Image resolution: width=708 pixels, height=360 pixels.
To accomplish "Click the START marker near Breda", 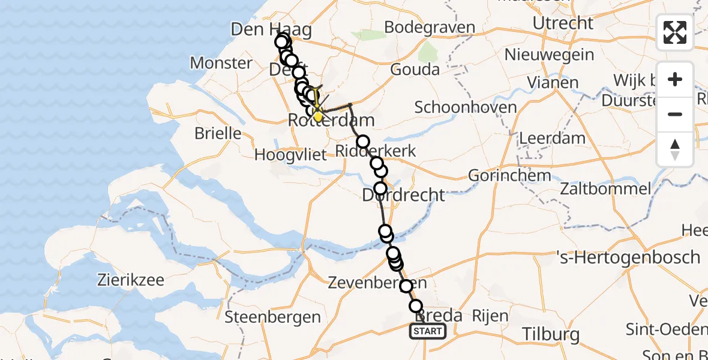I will pyautogui.click(x=428, y=331).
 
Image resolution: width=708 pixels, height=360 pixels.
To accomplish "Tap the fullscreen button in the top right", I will pyautogui.click(x=675, y=32).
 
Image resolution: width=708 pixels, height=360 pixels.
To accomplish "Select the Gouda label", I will pyautogui.click(x=415, y=70).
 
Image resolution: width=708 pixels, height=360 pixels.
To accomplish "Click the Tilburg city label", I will pyautogui.click(x=550, y=334).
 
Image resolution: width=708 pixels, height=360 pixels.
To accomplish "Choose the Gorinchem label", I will pyautogui.click(x=501, y=176).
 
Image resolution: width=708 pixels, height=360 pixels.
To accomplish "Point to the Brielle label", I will pyautogui.click(x=217, y=133).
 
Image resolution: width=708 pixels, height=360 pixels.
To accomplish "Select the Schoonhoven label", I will pyautogui.click(x=466, y=108).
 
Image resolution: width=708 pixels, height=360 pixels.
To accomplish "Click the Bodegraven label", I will pyautogui.click(x=430, y=28).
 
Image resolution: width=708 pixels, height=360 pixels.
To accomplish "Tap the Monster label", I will pyautogui.click(x=221, y=63).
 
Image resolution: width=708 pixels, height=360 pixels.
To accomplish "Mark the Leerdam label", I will pyautogui.click(x=552, y=138).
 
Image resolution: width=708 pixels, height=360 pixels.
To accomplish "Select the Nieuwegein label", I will pyautogui.click(x=550, y=55).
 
